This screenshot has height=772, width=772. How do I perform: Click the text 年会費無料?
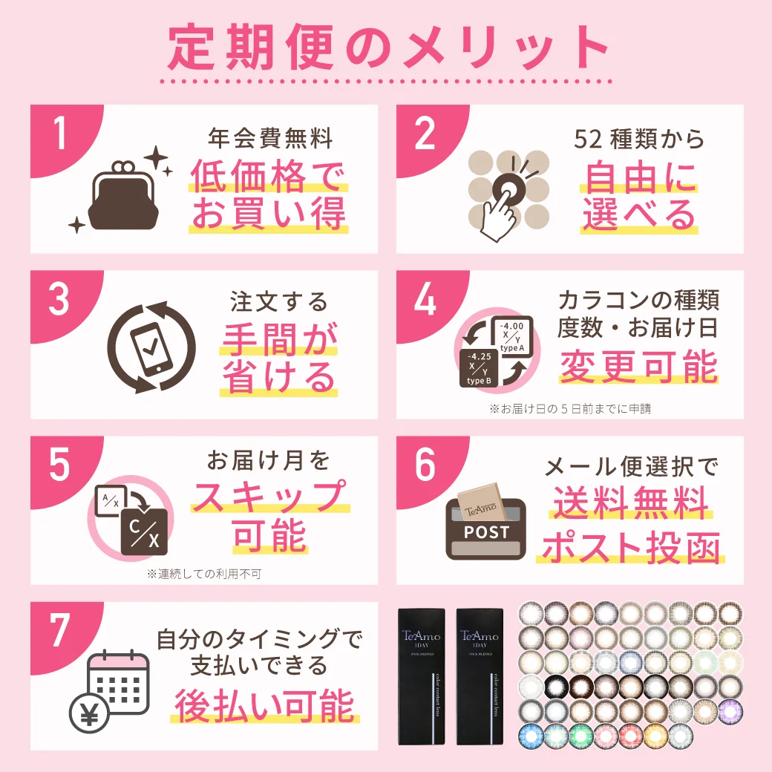tap(269, 138)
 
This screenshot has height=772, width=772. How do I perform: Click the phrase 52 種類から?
tap(639, 138)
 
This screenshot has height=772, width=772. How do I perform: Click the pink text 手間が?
tap(279, 341)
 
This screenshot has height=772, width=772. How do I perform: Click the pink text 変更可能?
tap(639, 366)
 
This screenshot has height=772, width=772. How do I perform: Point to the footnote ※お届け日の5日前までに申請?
tap(569, 408)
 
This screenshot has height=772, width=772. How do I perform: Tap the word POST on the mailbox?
tap(487, 531)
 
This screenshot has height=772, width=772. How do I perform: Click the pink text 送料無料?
tap(631, 503)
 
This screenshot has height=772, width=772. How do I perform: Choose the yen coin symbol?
tap(89, 715)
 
